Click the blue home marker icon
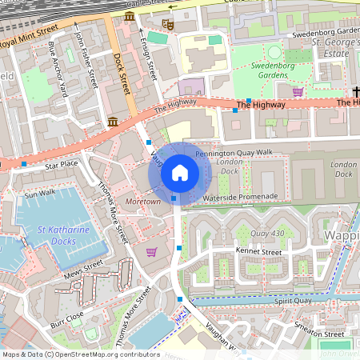tap(180, 173)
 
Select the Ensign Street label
tap(146, 58)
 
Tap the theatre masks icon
tap(167, 25)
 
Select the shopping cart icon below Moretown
tap(151, 252)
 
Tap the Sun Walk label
tap(40, 194)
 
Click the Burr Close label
tap(67, 321)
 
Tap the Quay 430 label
tap(268, 234)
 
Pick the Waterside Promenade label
tap(240, 196)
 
